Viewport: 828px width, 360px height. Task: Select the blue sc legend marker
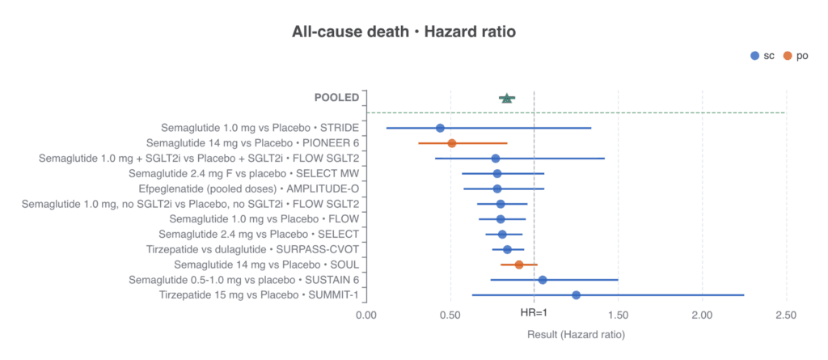click(755, 56)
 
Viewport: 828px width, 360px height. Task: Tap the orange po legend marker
click(788, 56)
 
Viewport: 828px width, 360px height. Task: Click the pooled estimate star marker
click(507, 98)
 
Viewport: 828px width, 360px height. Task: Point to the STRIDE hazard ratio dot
click(440, 128)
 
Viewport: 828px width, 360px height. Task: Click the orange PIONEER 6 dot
click(451, 143)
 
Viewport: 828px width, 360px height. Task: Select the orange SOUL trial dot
click(519, 265)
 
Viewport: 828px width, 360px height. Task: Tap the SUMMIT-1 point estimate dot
click(576, 295)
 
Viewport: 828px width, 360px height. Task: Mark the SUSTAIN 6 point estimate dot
click(543, 280)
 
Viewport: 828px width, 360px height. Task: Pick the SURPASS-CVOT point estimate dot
click(507, 249)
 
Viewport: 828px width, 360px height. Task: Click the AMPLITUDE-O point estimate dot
click(497, 188)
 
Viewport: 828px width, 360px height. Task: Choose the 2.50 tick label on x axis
click(786, 316)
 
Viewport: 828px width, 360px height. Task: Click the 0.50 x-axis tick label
click(450, 316)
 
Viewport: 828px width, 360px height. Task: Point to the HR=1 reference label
click(534, 313)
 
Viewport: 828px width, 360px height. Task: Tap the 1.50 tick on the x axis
click(618, 316)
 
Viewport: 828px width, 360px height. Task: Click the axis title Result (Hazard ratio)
click(576, 335)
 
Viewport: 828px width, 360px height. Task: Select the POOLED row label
click(337, 98)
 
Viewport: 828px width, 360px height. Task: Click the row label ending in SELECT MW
click(244, 173)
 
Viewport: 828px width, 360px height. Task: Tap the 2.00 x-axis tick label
click(702, 316)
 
